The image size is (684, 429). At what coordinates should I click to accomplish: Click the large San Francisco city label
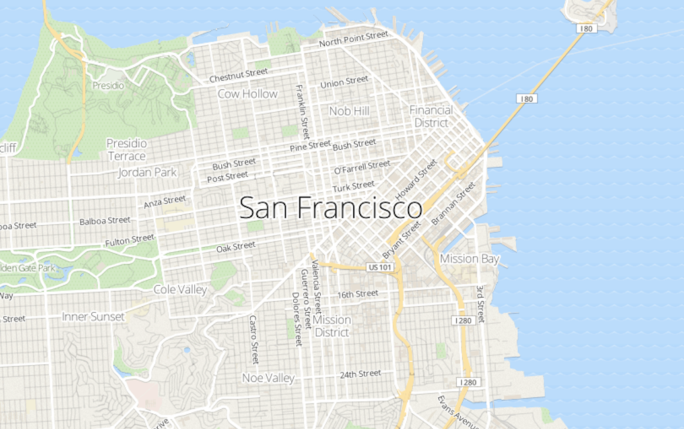click(331, 208)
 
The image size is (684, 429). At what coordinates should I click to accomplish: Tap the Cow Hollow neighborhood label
click(248, 94)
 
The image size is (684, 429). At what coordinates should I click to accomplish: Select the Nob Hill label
click(349, 111)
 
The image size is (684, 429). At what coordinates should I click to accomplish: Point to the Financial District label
click(431, 116)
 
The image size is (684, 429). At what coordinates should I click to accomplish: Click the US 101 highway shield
click(380, 267)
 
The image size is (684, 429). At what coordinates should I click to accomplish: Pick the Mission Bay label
click(469, 259)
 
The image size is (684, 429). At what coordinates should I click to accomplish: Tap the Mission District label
click(331, 326)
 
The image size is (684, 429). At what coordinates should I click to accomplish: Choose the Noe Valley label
click(268, 378)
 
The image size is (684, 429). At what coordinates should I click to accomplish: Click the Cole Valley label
click(180, 289)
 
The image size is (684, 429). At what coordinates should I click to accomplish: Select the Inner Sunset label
click(93, 317)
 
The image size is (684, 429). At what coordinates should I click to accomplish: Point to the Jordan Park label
click(147, 172)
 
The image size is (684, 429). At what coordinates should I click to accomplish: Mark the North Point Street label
click(353, 39)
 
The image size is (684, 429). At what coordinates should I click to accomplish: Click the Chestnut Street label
click(238, 75)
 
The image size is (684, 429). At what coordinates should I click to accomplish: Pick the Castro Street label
click(254, 339)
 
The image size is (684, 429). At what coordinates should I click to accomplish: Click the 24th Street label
click(360, 374)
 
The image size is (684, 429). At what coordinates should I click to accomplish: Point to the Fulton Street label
click(129, 242)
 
